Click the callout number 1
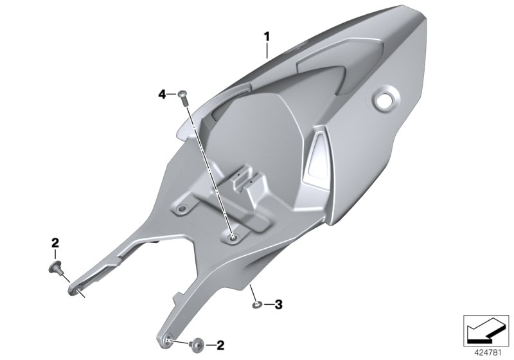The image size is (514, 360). point(267,36)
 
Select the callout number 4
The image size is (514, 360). point(163,94)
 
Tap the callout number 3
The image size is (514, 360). point(278,303)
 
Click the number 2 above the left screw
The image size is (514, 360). point(55,242)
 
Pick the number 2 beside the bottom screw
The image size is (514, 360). point(220,345)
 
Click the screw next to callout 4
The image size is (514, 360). point(183,96)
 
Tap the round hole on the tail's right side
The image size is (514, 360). point(385,100)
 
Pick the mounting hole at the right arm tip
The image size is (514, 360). point(165,338)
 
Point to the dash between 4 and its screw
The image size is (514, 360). point(173,94)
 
